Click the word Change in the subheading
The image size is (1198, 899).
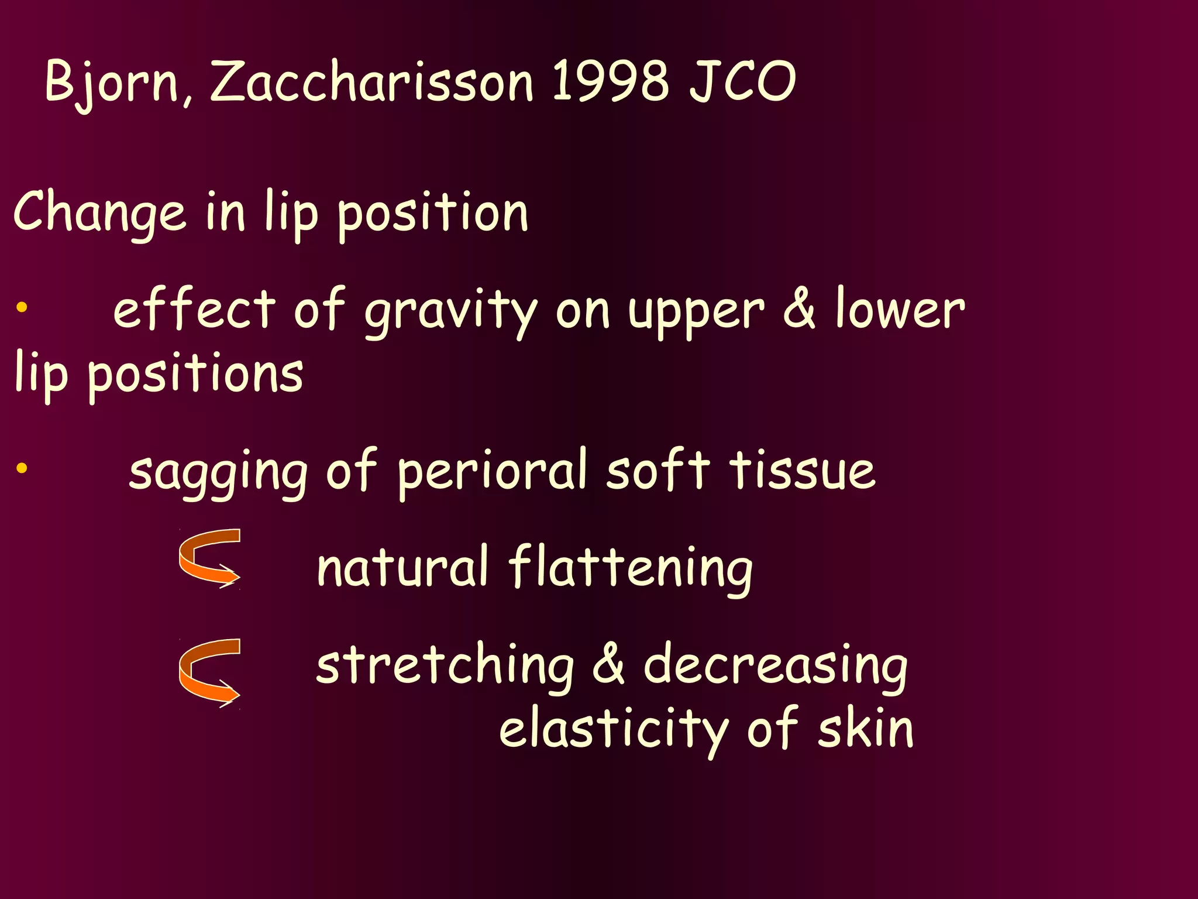pos(99,212)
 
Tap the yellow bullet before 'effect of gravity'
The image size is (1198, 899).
pos(22,307)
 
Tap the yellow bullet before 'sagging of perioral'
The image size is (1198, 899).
pos(22,468)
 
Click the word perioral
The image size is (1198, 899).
pos(491,472)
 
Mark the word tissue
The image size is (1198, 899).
pos(803,471)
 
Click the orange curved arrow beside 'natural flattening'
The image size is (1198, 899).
pos(209,557)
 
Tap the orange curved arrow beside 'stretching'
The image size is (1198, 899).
pos(209,672)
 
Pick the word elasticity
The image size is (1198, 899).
pos(613,729)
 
